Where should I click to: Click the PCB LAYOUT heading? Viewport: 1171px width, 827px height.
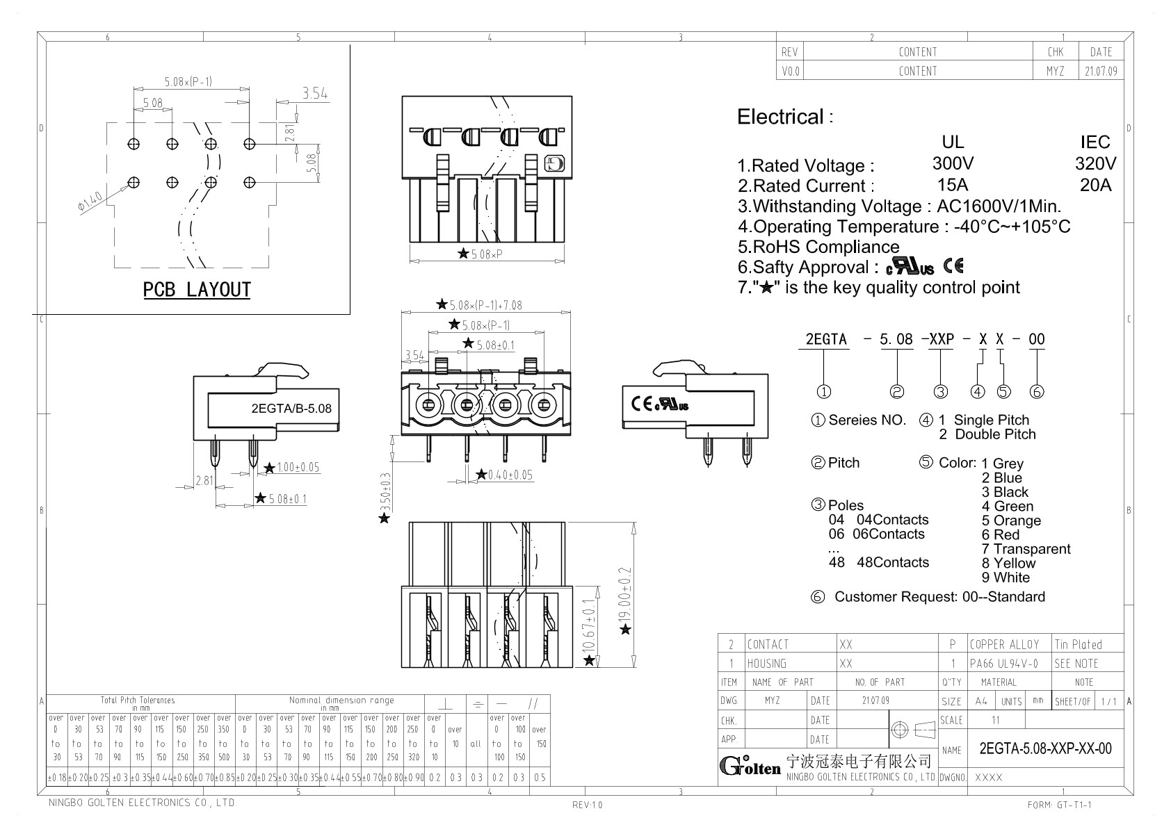click(x=197, y=290)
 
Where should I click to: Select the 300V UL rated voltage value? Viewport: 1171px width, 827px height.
click(x=953, y=164)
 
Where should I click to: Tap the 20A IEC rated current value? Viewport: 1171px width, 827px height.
click(x=1095, y=185)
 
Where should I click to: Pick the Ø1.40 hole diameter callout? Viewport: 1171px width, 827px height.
click(x=90, y=202)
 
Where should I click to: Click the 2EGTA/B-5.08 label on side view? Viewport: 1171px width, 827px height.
click(x=291, y=409)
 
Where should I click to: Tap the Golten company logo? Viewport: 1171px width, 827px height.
click(x=750, y=766)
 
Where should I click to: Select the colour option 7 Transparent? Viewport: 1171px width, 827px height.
click(x=1026, y=549)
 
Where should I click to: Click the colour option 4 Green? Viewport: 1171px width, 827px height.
click(x=1007, y=507)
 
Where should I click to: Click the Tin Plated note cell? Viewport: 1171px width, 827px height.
click(x=1078, y=645)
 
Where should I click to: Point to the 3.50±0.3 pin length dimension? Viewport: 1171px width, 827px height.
click(x=387, y=491)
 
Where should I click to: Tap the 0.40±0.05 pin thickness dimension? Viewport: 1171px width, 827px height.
click(x=510, y=475)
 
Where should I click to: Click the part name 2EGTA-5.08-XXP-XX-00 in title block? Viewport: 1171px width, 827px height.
click(x=1045, y=748)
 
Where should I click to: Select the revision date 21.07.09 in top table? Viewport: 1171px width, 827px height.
click(x=1101, y=72)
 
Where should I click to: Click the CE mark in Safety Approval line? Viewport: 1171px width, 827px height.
click(x=953, y=266)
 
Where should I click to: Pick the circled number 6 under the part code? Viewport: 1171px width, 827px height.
click(x=1036, y=392)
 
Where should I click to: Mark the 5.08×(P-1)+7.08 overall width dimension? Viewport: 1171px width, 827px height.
click(x=485, y=305)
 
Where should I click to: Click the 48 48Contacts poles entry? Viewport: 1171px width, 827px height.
click(x=878, y=563)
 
